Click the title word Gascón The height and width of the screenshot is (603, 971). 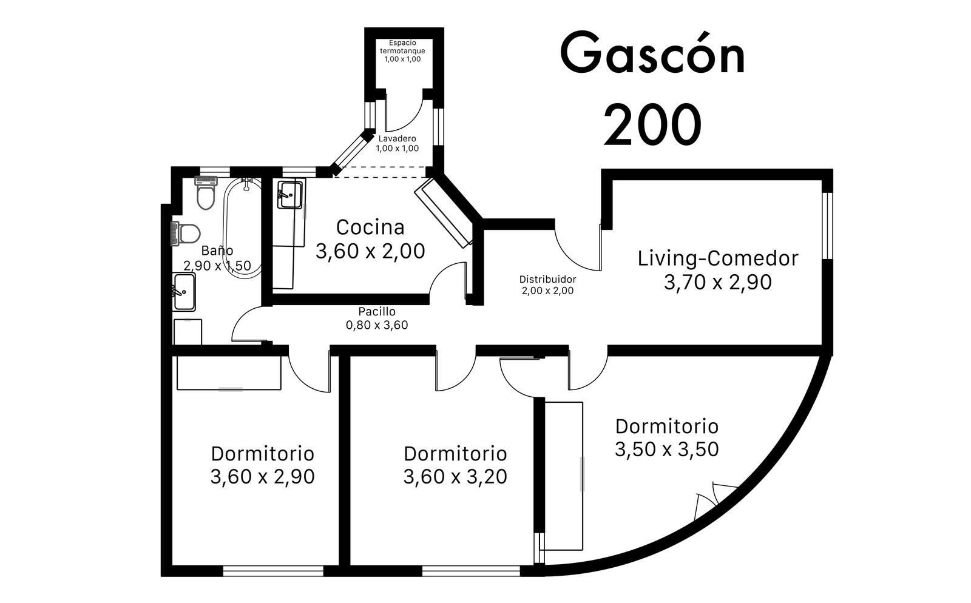click(653, 52)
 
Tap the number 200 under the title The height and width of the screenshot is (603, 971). click(653, 125)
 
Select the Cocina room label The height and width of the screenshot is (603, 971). click(370, 227)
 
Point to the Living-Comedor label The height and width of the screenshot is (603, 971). click(718, 258)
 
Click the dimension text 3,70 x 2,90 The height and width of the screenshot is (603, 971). click(718, 282)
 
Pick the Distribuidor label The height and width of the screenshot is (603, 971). click(547, 279)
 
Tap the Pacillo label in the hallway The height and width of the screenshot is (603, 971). click(377, 311)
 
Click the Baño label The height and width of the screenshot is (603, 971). click(217, 251)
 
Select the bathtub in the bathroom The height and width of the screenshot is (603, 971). click(243, 228)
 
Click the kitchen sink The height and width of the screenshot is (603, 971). click(290, 195)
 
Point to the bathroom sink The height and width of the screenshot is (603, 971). click(184, 292)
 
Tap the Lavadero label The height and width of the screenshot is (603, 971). click(397, 139)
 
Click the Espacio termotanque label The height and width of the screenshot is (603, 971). click(403, 47)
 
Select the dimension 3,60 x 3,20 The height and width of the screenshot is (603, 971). click(455, 476)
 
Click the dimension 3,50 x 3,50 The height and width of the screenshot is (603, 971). click(667, 450)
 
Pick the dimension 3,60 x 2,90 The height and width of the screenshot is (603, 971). click(262, 476)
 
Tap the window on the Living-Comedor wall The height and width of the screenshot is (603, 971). click(828, 226)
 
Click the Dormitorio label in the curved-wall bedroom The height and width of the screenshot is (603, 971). click(667, 426)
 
